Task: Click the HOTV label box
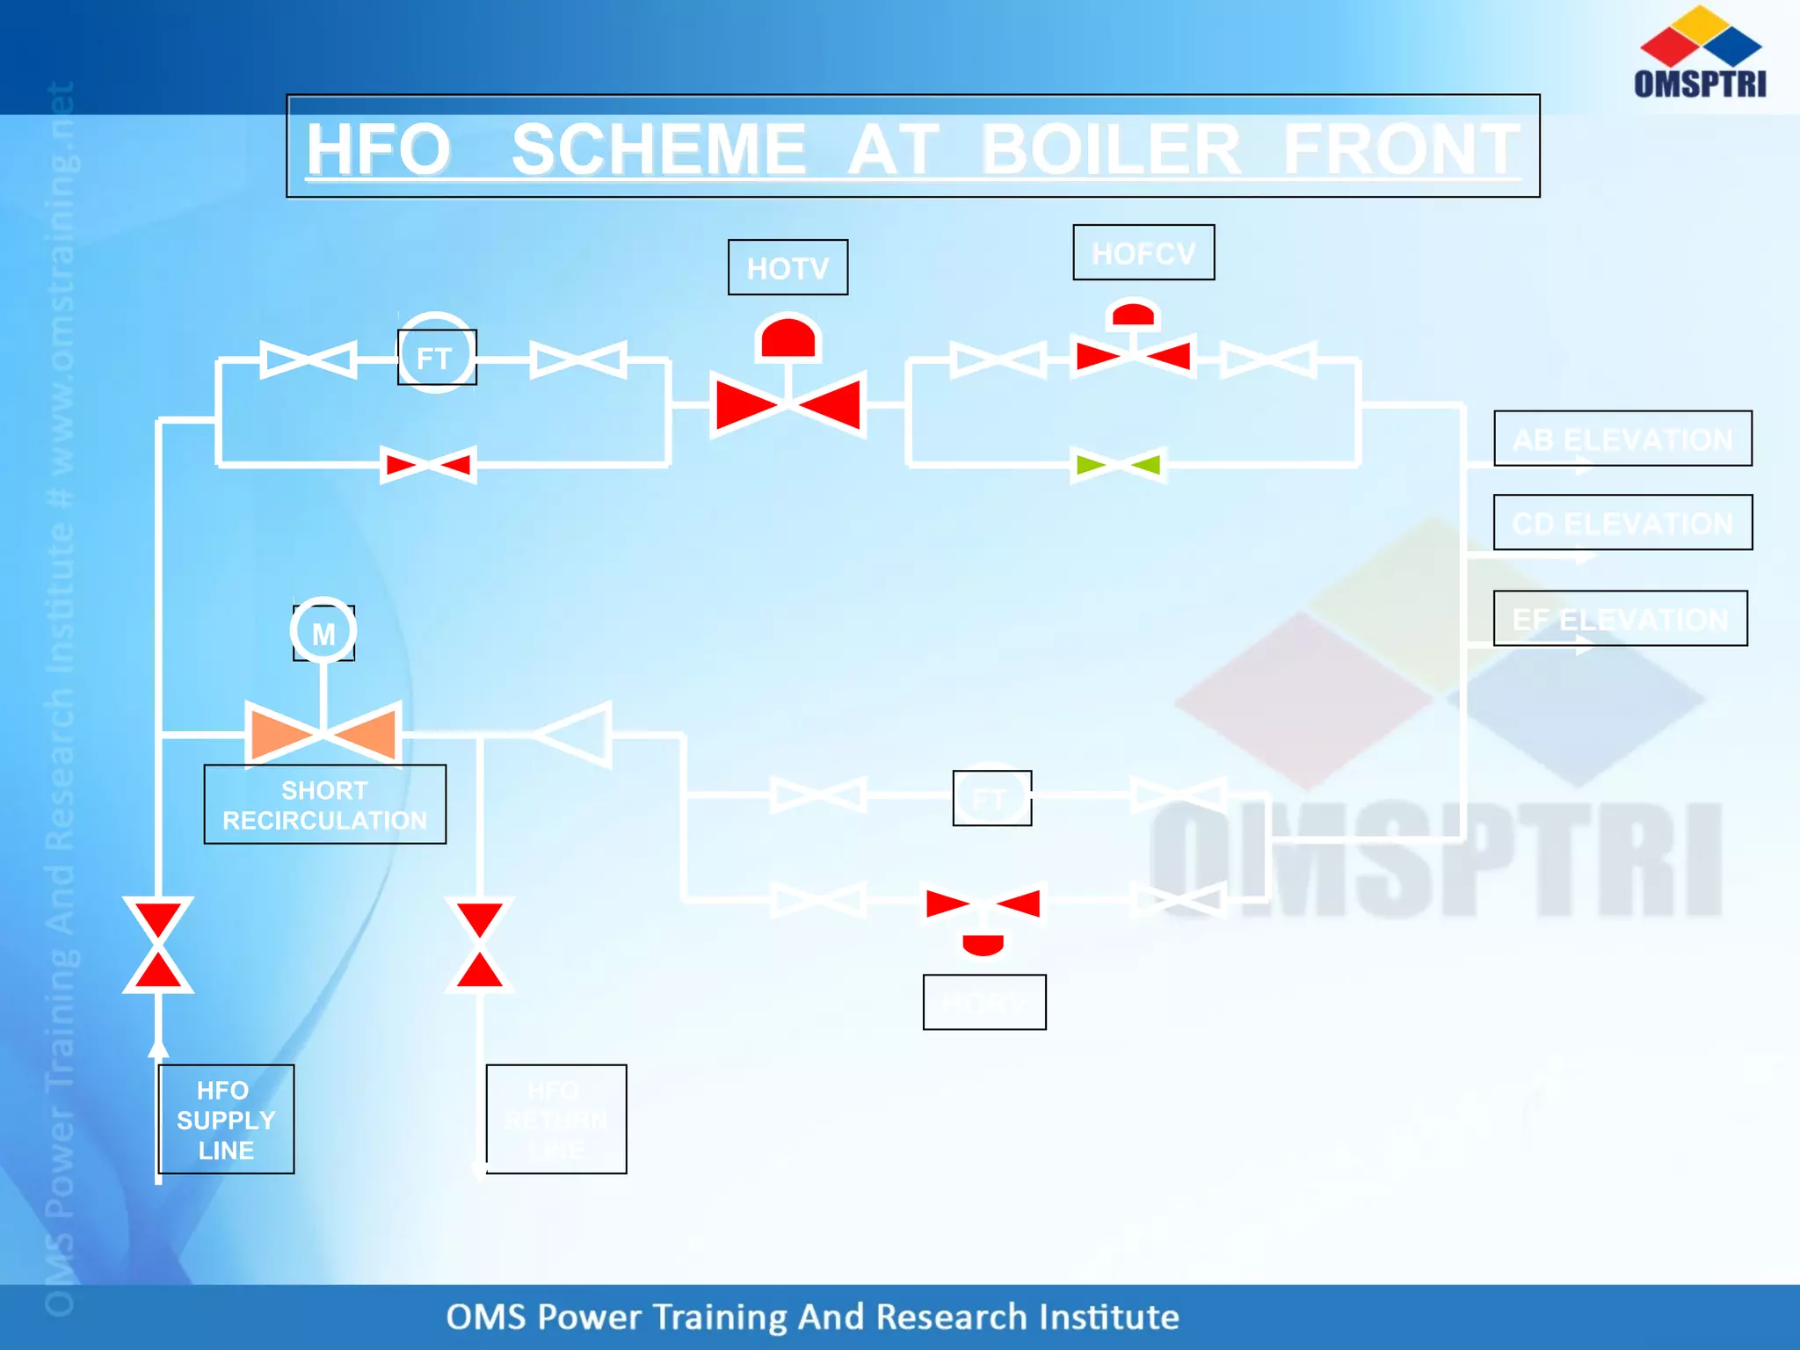787,267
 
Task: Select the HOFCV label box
1143,253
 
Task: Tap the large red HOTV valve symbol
788,404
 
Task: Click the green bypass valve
1118,464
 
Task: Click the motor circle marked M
323,631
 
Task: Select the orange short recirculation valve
323,732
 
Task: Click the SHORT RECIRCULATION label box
324,804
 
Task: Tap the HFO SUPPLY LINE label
226,1119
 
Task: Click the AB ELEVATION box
1622,438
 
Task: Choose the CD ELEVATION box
1622,522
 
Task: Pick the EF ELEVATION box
1620,618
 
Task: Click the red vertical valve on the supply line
158,945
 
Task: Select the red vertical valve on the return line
480,945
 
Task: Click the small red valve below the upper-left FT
429,464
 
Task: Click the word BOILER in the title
1110,149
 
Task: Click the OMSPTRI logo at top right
1700,53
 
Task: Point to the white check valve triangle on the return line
576,734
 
